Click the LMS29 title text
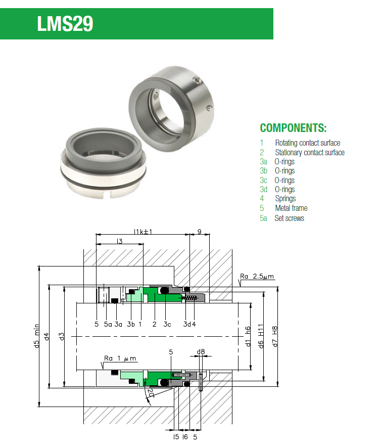pos(65,24)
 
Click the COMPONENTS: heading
pos(293,127)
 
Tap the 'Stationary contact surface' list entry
pos(309,152)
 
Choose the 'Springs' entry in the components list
pos(285,199)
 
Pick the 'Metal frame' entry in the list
pos(291,208)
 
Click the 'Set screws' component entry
pos(289,218)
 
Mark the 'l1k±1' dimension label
pos(143,231)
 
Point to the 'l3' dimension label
pos(119,242)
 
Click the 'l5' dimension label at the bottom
pos(176,436)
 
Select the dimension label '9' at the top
pos(199,231)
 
